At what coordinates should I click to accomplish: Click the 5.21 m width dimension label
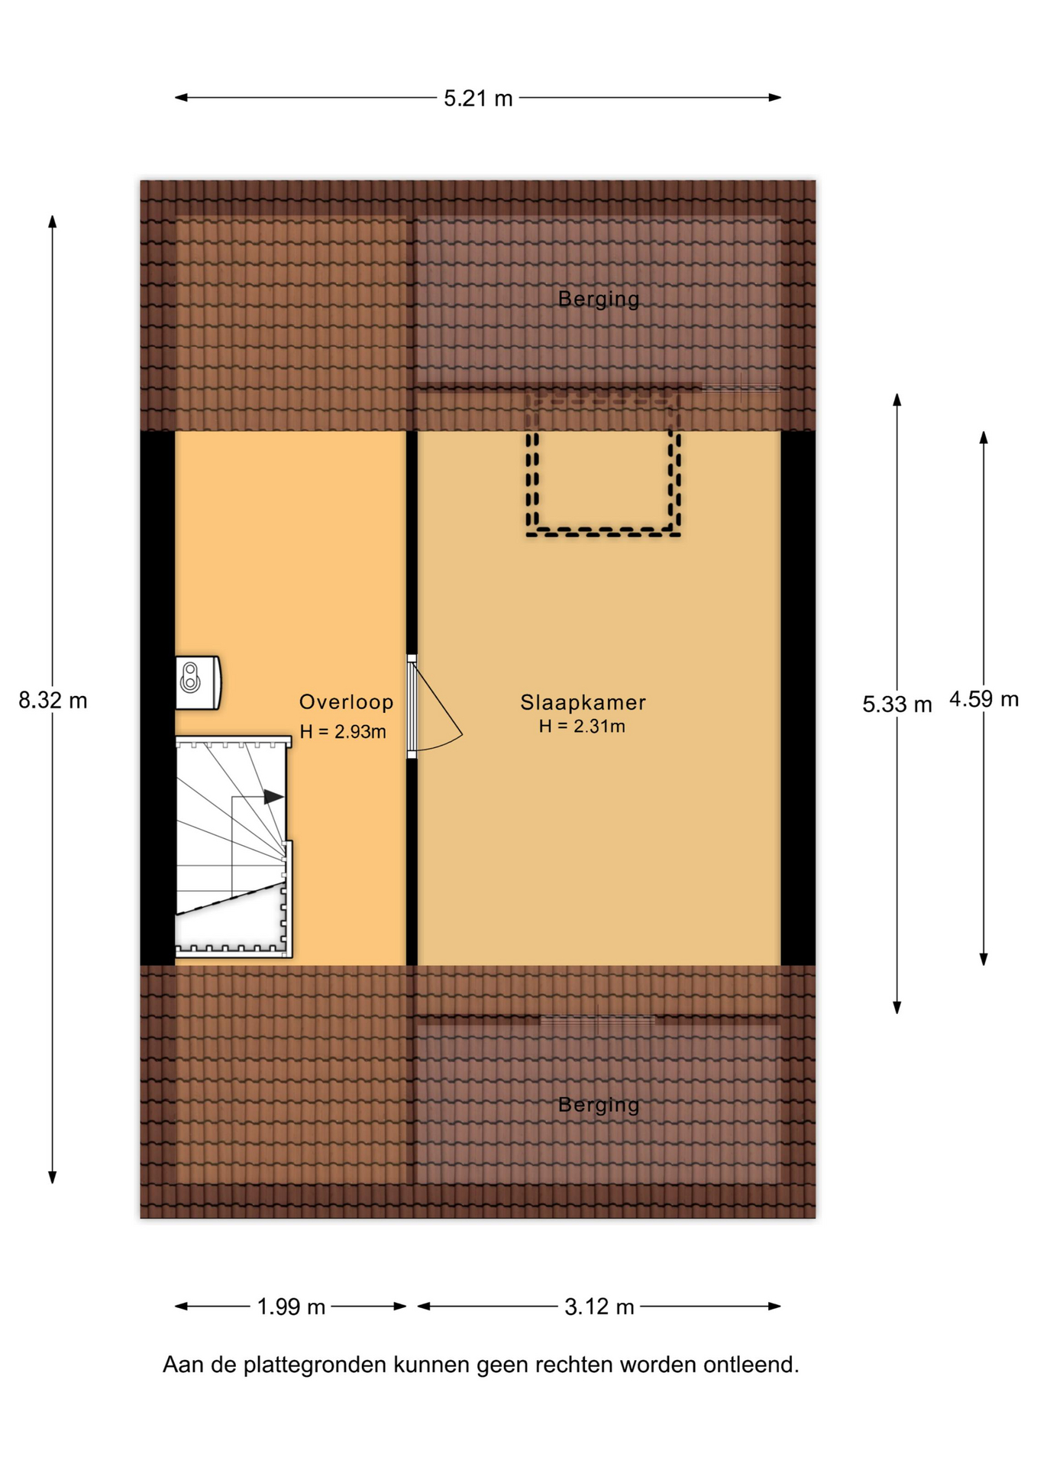click(478, 99)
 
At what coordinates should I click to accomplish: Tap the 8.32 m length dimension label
click(53, 700)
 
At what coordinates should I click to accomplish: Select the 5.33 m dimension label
click(897, 704)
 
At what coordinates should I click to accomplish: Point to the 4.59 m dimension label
click(984, 699)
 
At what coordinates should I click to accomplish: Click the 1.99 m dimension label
click(291, 1307)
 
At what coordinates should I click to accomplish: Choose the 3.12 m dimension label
click(599, 1307)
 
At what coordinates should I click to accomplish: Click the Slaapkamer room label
click(583, 702)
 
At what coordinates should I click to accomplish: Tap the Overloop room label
click(347, 702)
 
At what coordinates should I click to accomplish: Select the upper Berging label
click(599, 300)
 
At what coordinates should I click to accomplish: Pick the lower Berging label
click(599, 1105)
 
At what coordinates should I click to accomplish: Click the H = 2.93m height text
click(343, 732)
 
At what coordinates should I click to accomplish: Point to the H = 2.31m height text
click(582, 727)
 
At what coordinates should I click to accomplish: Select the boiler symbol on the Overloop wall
click(198, 682)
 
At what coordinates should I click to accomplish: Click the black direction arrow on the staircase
click(273, 797)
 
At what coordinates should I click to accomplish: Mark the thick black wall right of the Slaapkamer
click(798, 698)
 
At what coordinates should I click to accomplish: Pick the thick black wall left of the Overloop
click(157, 698)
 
